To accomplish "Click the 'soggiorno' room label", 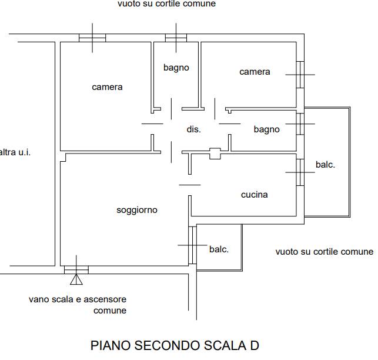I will pyautogui.click(x=136, y=210).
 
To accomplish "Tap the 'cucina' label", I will pyautogui.click(x=254, y=195).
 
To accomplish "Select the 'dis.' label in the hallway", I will pyautogui.click(x=193, y=129).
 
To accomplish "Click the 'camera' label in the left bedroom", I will pyautogui.click(x=107, y=87).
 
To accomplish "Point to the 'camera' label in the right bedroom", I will pyautogui.click(x=255, y=72).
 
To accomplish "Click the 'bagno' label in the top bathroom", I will pyautogui.click(x=176, y=68).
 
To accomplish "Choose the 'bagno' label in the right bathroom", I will pyautogui.click(x=266, y=129).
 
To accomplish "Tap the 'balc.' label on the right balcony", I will pyautogui.click(x=325, y=165).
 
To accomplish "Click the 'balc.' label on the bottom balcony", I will pyautogui.click(x=219, y=249).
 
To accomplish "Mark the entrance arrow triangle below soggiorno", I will pyautogui.click(x=76, y=279).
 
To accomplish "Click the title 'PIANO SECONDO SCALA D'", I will pyautogui.click(x=175, y=345).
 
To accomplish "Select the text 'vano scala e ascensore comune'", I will pyautogui.click(x=78, y=305).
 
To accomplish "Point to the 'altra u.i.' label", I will pyautogui.click(x=15, y=152).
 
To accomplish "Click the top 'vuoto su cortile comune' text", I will pyautogui.click(x=166, y=4).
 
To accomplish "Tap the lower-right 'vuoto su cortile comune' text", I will pyautogui.click(x=324, y=252).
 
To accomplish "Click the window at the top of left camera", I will pyautogui.click(x=93, y=38).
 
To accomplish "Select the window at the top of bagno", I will pyautogui.click(x=176, y=38).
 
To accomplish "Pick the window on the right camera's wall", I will pyautogui.click(x=300, y=74).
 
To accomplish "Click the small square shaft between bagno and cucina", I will pyautogui.click(x=215, y=154).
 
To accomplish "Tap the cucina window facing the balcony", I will pyautogui.click(x=300, y=172).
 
